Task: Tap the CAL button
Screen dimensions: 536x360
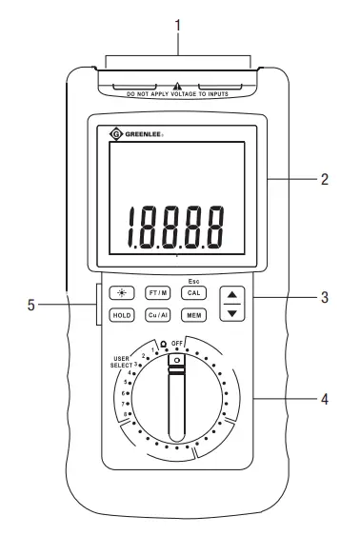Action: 192,293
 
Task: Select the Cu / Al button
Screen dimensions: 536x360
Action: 157,313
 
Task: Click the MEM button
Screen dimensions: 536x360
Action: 192,313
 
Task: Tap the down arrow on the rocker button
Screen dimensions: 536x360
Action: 230,312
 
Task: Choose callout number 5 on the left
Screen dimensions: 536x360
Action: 32,306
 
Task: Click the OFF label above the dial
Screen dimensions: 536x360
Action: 177,341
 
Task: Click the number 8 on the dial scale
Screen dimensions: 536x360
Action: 127,413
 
